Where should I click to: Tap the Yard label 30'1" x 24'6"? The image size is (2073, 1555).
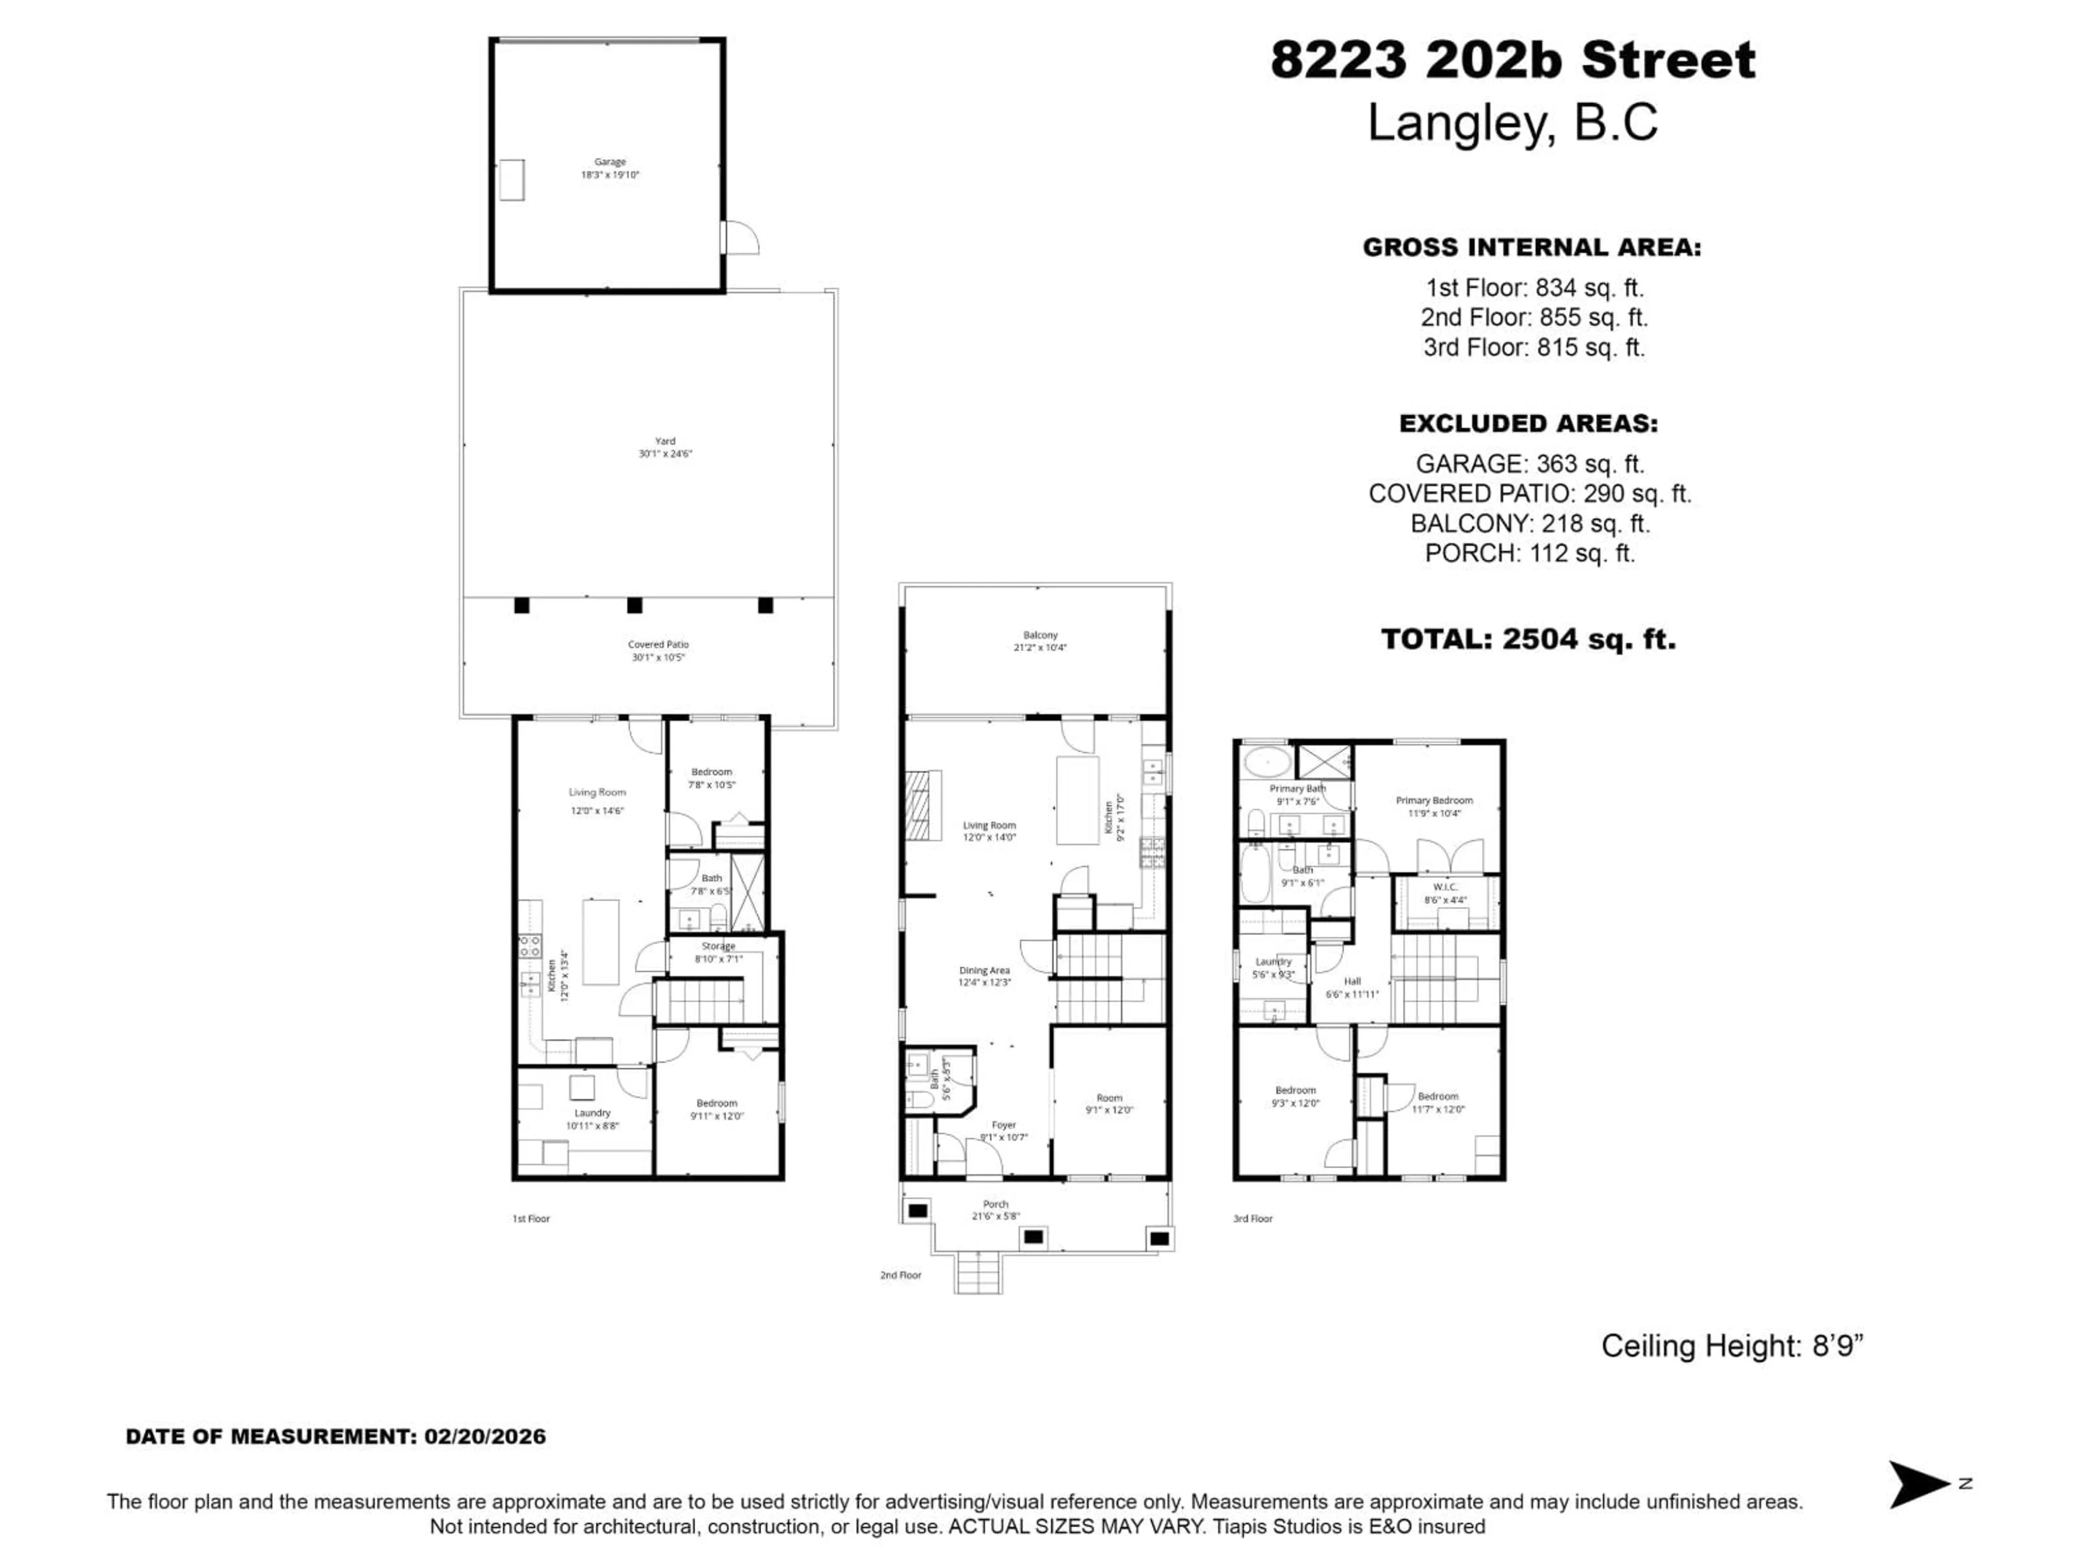click(665, 447)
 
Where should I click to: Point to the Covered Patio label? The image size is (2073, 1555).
click(658, 651)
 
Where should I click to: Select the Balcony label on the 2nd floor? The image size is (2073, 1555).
click(1040, 641)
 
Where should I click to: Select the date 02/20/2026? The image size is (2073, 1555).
click(485, 1437)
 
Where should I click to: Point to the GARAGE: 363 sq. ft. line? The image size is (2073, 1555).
click(1529, 464)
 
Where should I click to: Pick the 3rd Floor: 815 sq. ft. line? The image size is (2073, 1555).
click(1534, 348)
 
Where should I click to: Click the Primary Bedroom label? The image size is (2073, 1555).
click(1434, 806)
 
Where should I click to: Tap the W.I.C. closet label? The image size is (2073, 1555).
click(1445, 893)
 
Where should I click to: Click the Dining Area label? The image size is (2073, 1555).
click(984, 976)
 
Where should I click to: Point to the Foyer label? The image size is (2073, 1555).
click(1004, 1131)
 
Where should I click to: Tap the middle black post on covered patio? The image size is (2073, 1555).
click(634, 605)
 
